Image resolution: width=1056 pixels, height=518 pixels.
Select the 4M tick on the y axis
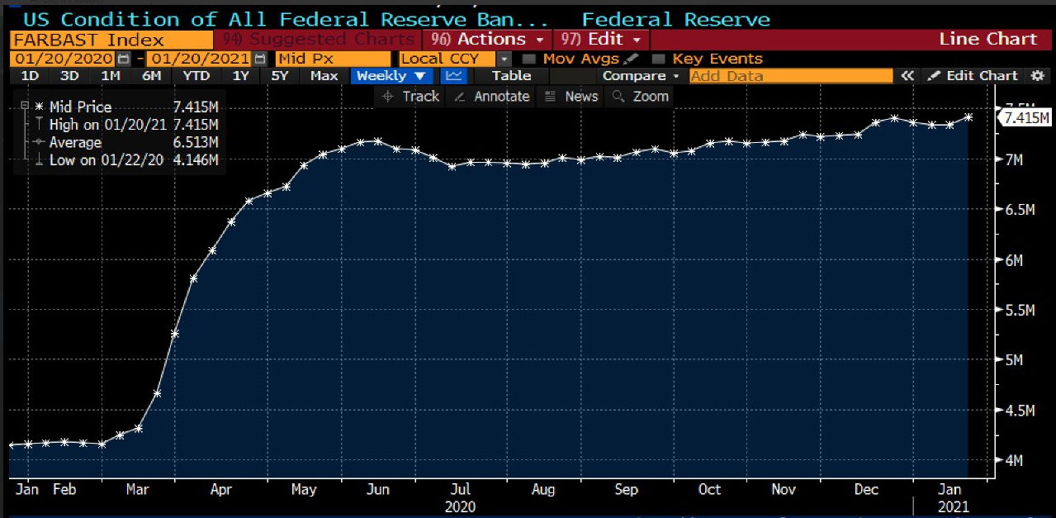pos(1012,460)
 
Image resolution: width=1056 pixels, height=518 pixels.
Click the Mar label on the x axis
pos(137,489)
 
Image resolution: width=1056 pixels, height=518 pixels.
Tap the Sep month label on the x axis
pos(626,489)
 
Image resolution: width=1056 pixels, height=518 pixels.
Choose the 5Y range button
pos(280,76)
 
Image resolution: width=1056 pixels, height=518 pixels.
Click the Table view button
pos(511,76)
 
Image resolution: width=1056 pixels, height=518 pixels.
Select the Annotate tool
pos(492,97)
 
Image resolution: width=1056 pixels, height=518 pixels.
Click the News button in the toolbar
pos(572,97)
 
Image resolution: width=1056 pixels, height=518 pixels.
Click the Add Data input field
pos(790,76)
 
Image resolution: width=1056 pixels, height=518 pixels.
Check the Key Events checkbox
pos(658,59)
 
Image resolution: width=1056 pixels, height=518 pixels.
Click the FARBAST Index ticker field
pos(111,40)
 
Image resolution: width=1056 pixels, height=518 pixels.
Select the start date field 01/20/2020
pos(64,59)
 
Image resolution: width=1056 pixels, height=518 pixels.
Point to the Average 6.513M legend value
pos(196,142)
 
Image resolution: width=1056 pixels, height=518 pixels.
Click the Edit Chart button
pos(973,76)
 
